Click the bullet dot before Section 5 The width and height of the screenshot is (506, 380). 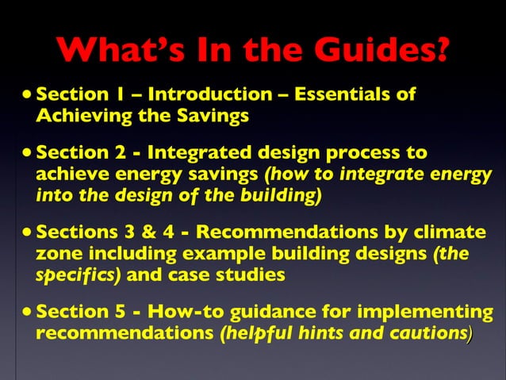29,313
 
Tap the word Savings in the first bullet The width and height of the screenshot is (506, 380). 217,116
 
